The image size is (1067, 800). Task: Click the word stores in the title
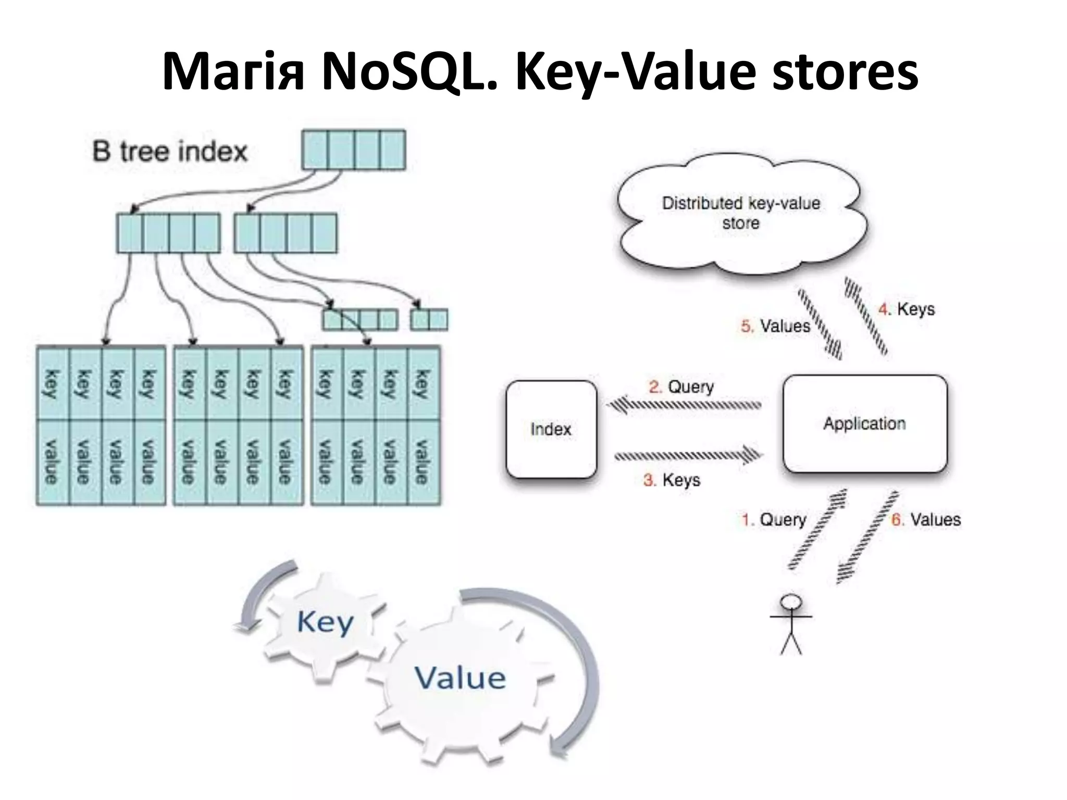click(x=845, y=73)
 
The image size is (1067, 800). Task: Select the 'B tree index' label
click(x=170, y=152)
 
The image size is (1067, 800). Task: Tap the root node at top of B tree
click(x=354, y=150)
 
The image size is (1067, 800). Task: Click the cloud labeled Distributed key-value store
click(x=740, y=214)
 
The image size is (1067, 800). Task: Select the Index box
click(x=551, y=429)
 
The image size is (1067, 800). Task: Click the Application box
click(x=864, y=423)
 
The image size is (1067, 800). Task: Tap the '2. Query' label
click(x=681, y=387)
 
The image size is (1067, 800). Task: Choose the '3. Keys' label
click(x=672, y=480)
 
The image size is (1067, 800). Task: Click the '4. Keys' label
click(x=906, y=309)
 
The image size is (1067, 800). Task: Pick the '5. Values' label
click(x=775, y=327)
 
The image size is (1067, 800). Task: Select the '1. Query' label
click(x=774, y=520)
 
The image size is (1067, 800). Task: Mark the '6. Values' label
click(x=926, y=520)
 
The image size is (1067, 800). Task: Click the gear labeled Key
click(x=325, y=622)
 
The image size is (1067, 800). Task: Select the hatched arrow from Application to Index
click(x=685, y=405)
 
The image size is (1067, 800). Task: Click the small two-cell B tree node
click(x=429, y=320)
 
